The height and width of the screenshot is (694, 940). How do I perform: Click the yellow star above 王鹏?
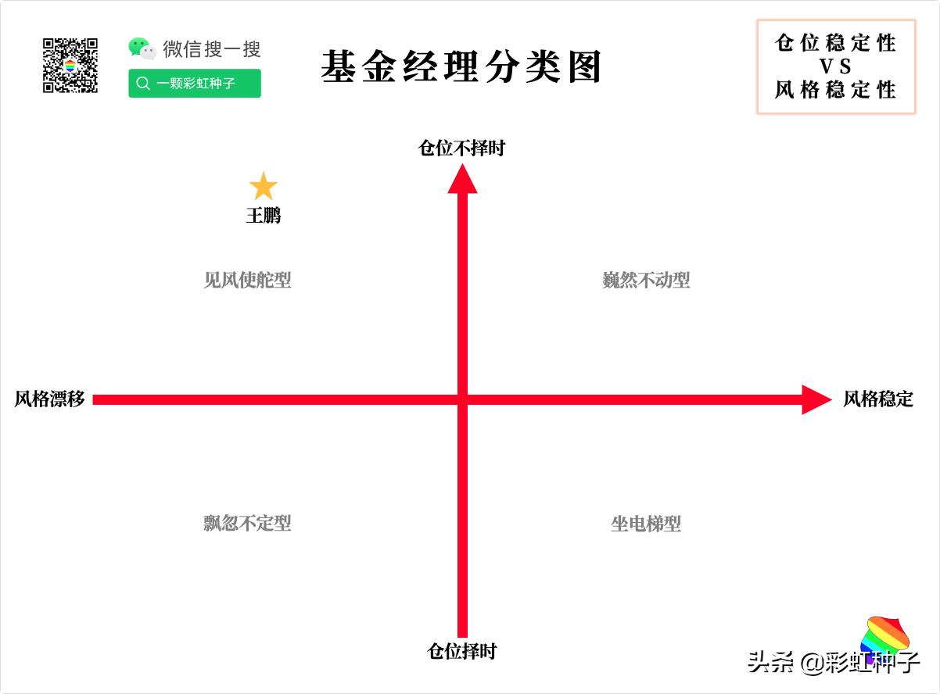click(x=264, y=187)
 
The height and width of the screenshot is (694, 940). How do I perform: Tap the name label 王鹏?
click(x=264, y=215)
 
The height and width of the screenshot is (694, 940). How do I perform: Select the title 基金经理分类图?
click(x=461, y=67)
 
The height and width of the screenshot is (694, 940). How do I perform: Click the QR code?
click(x=70, y=66)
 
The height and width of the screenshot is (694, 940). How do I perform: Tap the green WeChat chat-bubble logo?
click(x=142, y=48)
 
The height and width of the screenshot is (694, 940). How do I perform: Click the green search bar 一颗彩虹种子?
click(x=195, y=84)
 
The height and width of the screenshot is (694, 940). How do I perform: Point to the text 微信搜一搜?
click(x=211, y=49)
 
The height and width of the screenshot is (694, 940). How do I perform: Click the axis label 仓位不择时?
click(x=461, y=148)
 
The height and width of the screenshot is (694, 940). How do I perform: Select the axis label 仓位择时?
click(x=461, y=650)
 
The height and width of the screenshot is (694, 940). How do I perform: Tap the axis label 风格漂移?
click(x=49, y=399)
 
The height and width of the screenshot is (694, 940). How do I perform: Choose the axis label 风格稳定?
click(x=877, y=399)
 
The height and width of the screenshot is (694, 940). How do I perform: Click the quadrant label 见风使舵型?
click(x=247, y=280)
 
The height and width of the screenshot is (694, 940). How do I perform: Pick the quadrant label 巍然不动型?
click(x=646, y=280)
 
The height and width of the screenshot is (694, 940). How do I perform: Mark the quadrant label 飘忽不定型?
click(x=247, y=523)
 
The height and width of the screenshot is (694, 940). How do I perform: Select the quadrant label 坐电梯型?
click(x=646, y=523)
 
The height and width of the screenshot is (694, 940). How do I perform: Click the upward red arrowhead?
click(x=462, y=178)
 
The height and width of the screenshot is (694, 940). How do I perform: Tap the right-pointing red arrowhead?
click(x=816, y=399)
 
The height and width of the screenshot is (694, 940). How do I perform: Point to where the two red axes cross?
click(x=462, y=399)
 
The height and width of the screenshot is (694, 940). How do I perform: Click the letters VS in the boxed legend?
click(x=835, y=66)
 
